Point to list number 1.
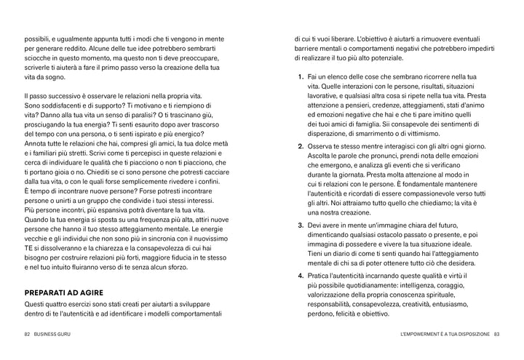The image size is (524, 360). (x=301, y=76)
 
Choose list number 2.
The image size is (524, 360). (x=301, y=146)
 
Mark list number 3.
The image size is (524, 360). (x=301, y=225)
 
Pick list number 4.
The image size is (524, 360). (x=301, y=276)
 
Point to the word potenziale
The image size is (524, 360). (x=389, y=57)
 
